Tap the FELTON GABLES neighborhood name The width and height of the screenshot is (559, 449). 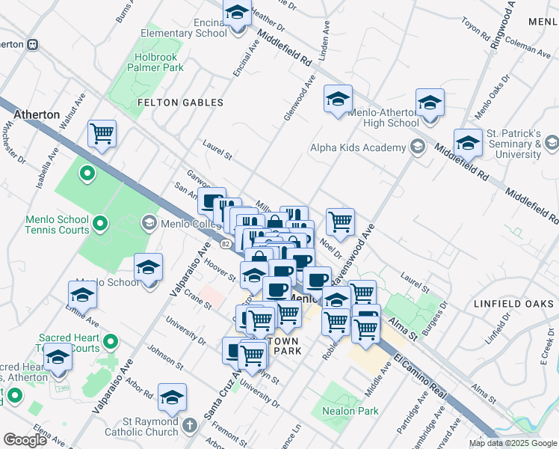pos(180,102)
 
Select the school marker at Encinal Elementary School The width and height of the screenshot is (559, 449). pos(238,15)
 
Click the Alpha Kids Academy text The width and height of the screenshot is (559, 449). pos(357,147)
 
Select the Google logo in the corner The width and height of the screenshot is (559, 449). pos(25,439)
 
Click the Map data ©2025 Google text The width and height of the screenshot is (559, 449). pos(512,443)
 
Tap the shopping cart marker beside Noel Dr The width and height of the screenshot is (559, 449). pos(340,222)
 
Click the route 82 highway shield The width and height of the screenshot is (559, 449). pos(225,244)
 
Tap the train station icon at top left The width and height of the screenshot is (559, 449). pos(33,44)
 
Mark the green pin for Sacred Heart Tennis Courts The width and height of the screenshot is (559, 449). pos(111,343)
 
